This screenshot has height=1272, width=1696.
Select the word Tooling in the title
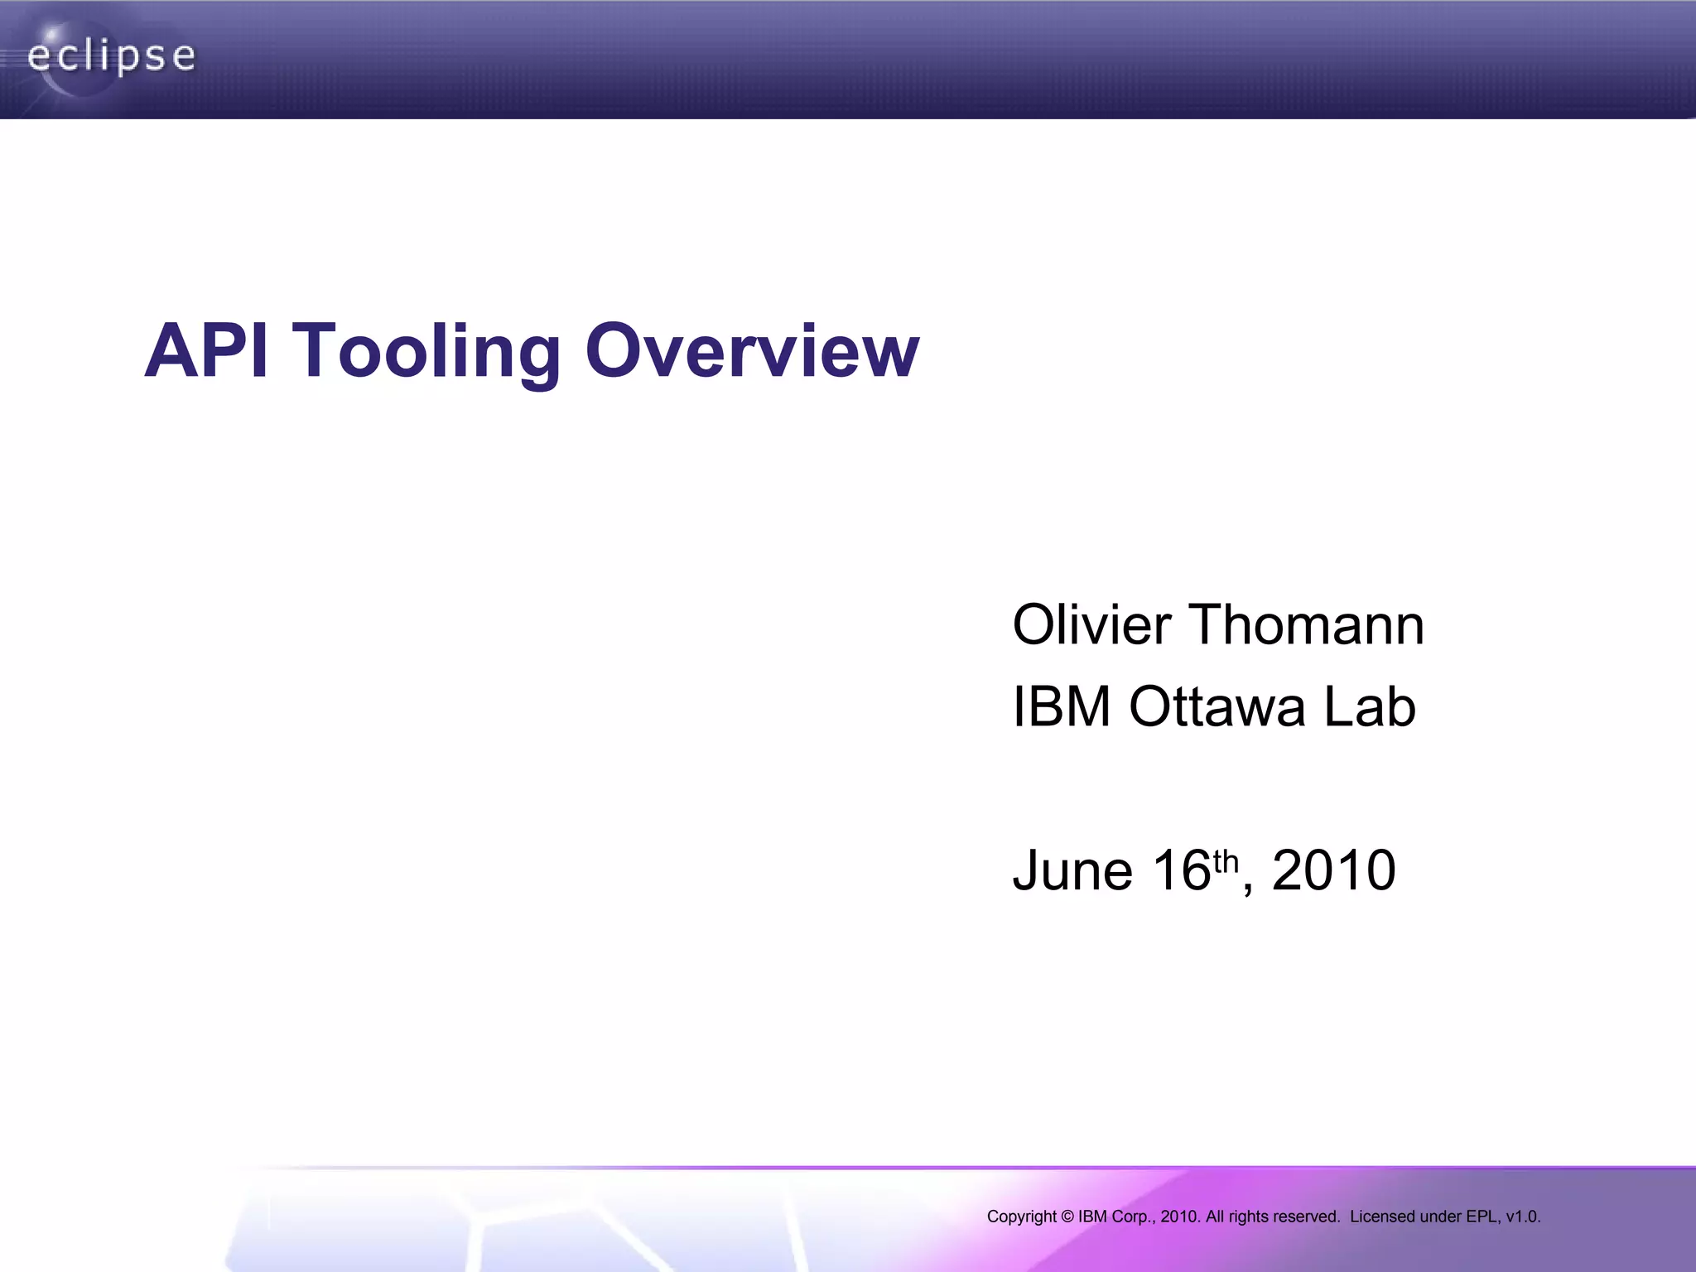[x=426, y=351]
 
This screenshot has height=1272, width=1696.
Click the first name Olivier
[x=1091, y=624]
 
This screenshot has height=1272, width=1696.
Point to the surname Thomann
[x=1306, y=624]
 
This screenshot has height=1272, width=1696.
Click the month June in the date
[x=1072, y=870]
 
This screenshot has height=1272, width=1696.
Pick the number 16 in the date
[x=1181, y=870]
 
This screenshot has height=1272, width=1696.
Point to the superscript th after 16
[x=1226, y=862]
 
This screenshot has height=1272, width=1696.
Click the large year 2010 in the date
[x=1333, y=870]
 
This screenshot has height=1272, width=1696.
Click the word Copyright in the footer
[x=1021, y=1217]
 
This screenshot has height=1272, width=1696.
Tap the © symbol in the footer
[x=1067, y=1217]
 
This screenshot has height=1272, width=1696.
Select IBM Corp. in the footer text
[x=1115, y=1217]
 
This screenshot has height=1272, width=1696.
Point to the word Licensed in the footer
[x=1382, y=1217]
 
